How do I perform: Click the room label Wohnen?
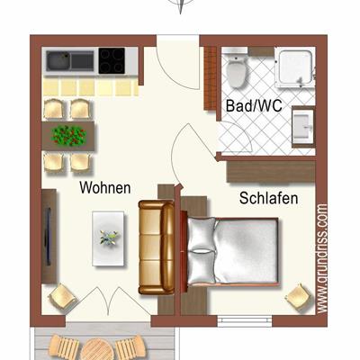click(105, 189)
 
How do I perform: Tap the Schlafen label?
click(268, 198)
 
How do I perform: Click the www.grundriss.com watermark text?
click(321, 257)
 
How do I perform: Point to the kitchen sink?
click(71, 60)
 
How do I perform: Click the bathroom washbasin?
click(302, 127)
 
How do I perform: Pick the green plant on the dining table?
click(67, 136)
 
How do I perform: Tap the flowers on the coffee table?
click(109, 238)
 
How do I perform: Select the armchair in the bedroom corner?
click(294, 296)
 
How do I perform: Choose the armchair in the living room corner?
click(62, 295)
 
